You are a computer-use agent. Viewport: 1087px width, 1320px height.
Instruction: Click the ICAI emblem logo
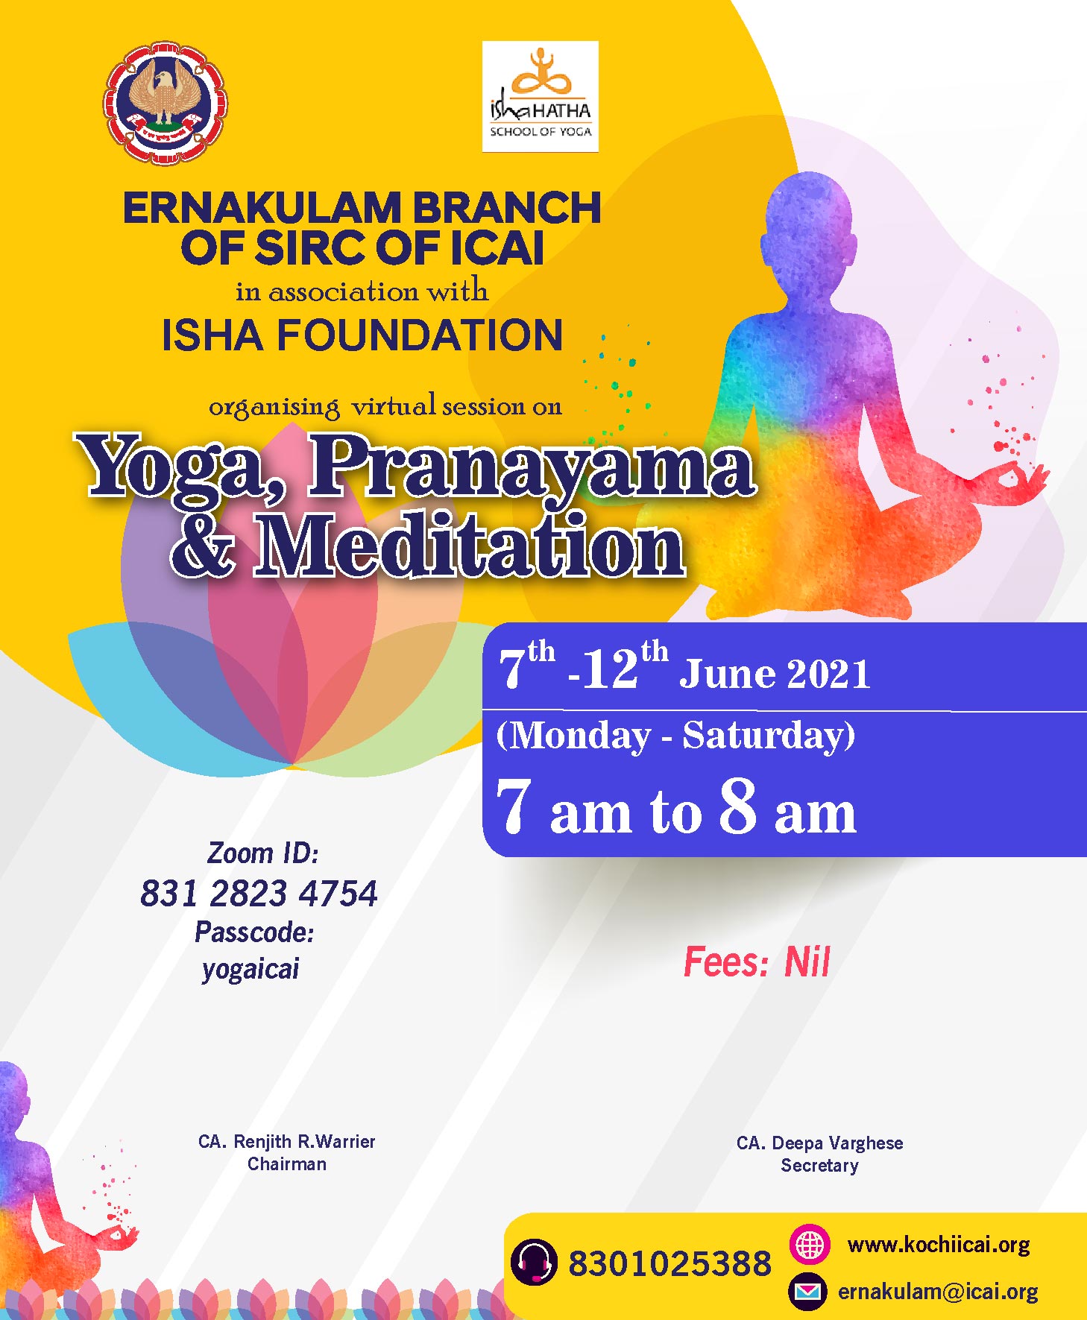coord(166,104)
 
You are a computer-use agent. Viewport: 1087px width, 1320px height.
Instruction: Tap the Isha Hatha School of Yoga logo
coord(540,96)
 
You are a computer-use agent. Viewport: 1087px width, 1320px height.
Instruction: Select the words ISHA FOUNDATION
coord(362,335)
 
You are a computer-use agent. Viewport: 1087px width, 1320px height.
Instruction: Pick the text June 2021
coord(775,673)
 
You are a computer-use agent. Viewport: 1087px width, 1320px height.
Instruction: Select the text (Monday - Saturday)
coord(675,736)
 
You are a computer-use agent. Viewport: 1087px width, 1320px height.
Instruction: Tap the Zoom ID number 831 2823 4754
coord(259,894)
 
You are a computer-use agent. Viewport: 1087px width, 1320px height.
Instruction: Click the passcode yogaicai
coord(251,969)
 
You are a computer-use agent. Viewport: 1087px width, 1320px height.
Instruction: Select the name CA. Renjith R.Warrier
coord(287,1141)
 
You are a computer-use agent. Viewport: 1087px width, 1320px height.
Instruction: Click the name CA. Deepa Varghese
coord(819,1143)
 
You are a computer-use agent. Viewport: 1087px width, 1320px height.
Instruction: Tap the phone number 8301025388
coord(669,1263)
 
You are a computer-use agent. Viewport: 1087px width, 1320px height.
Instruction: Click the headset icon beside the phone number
coord(534,1262)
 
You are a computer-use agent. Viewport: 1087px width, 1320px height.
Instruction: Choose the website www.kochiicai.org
coord(939,1245)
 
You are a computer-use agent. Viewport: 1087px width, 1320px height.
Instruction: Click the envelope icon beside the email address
coord(808,1291)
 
